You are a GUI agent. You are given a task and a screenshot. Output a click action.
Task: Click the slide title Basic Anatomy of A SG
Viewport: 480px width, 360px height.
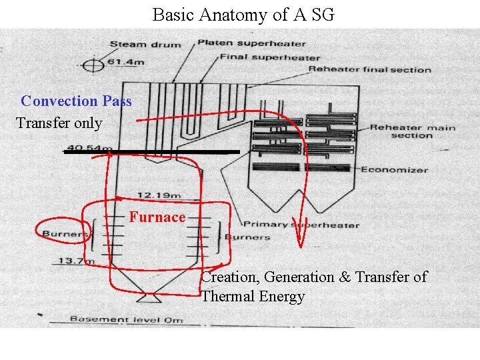[x=243, y=14]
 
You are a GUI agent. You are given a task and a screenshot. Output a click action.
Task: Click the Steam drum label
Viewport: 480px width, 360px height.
[x=145, y=45]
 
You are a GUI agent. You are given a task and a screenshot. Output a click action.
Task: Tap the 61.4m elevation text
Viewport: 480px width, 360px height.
[x=127, y=62]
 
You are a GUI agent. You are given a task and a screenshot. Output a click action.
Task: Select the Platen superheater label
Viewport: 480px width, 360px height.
[x=251, y=43]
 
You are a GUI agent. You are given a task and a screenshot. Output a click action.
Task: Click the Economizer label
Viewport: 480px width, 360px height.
[x=395, y=169]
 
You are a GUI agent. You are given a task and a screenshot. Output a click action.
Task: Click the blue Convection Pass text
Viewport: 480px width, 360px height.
[x=76, y=101]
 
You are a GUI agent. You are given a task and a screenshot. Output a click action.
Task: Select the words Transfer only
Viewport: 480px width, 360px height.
[x=59, y=123]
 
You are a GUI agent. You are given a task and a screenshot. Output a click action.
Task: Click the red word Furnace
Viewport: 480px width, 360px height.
[x=157, y=217]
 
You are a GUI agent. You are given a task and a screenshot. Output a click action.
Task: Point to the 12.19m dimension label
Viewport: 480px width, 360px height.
[x=159, y=195]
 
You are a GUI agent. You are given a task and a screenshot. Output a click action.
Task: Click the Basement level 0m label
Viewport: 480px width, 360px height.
[x=127, y=319]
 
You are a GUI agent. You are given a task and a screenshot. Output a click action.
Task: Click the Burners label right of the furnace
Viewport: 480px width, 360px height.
[x=247, y=237]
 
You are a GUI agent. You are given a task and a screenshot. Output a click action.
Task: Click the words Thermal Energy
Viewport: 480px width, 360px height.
[x=253, y=297]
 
